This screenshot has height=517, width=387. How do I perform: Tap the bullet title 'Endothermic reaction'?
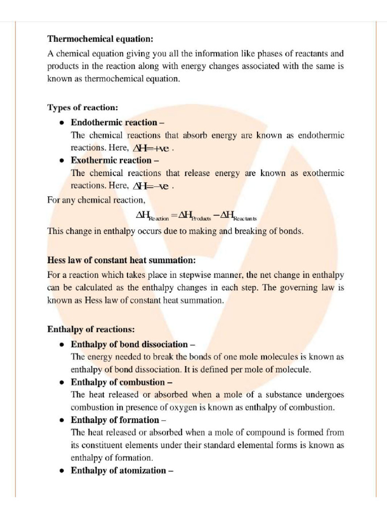[x=114, y=122]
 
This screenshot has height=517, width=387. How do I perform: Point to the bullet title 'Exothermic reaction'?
[x=111, y=160]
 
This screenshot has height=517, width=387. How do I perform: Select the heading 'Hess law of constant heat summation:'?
[x=121, y=261]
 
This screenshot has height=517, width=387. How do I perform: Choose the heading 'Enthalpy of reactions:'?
[x=91, y=330]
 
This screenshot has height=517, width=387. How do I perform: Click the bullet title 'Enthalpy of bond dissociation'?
[x=129, y=344]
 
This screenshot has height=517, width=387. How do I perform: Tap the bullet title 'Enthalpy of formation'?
[x=114, y=420]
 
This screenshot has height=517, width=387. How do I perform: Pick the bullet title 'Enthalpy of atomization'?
[x=118, y=471]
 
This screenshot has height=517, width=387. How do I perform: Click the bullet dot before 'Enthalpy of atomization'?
[x=61, y=471]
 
